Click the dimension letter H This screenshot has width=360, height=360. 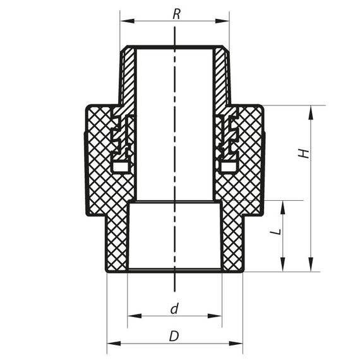304,153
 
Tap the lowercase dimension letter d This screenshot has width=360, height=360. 174,309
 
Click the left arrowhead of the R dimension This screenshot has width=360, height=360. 124,21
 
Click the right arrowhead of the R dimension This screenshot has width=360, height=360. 225,21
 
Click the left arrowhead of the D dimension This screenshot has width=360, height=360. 111,344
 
